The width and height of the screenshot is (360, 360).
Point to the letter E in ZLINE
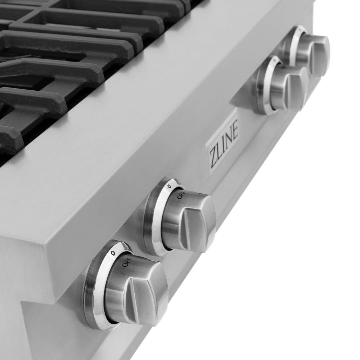pos(234,132)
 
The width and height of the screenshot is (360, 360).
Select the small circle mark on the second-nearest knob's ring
pos(169,186)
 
